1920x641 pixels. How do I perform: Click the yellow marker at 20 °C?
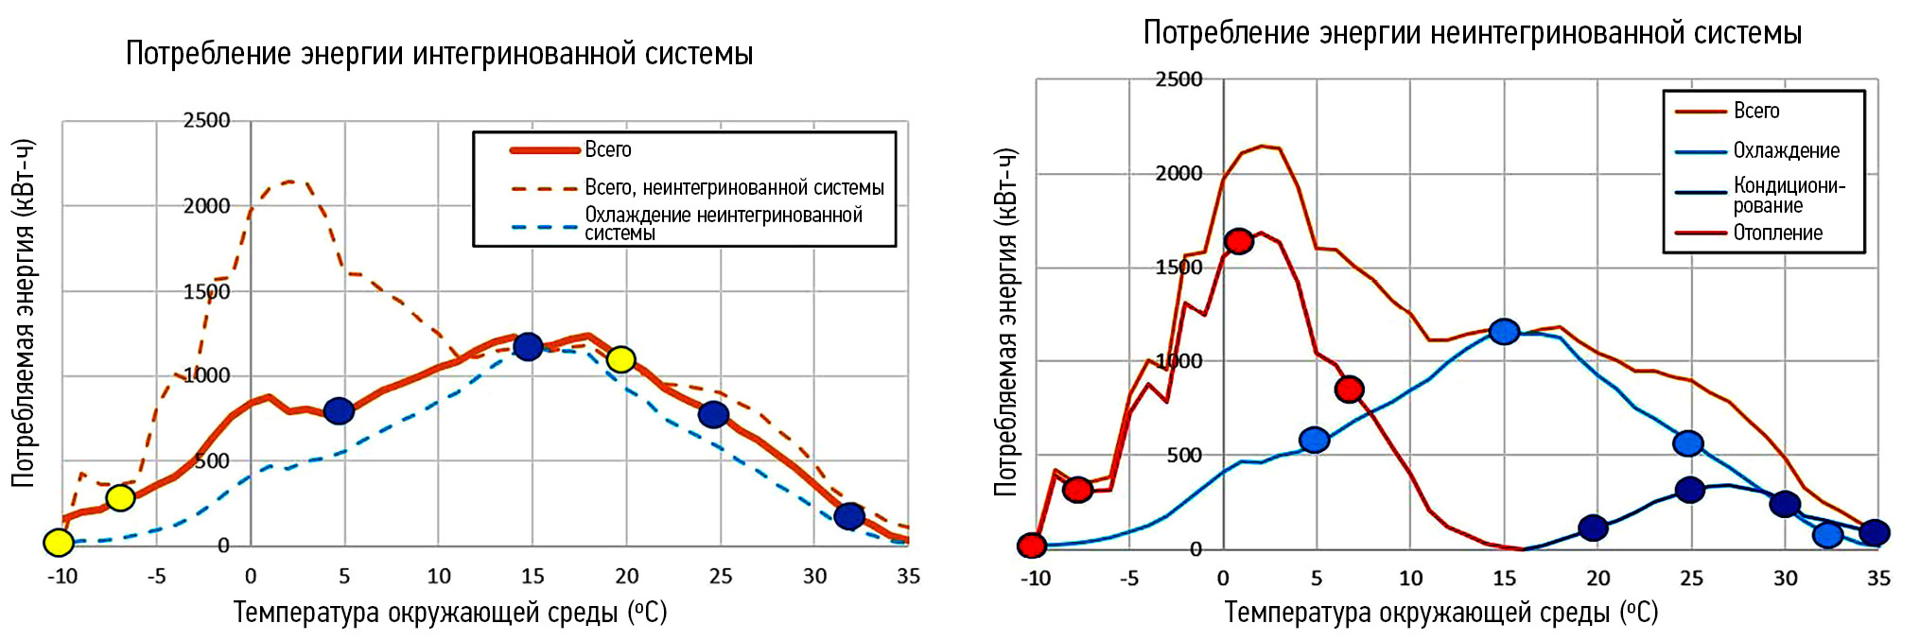point(620,359)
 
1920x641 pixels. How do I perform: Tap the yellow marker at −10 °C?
point(59,543)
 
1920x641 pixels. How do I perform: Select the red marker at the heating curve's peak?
point(1239,241)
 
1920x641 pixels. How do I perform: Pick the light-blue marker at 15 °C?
point(1504,331)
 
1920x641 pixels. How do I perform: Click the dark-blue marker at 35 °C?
point(1875,532)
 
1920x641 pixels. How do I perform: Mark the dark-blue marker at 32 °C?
point(849,515)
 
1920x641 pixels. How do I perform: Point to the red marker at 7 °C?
point(1350,389)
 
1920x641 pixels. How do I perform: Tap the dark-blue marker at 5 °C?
point(339,410)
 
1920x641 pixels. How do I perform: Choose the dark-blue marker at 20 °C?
point(1594,528)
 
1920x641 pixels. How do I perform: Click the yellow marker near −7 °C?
point(120,497)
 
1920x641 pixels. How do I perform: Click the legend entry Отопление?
point(1777,233)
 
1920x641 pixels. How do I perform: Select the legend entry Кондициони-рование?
point(1788,195)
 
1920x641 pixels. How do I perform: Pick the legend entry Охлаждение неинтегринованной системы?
point(724,224)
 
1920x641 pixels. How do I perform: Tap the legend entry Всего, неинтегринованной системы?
point(734,187)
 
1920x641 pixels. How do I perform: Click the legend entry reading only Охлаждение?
point(1786,150)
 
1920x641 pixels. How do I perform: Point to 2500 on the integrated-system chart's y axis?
point(207,120)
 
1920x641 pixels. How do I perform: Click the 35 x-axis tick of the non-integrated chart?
point(1878,578)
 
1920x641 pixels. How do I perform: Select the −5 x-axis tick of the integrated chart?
point(156,576)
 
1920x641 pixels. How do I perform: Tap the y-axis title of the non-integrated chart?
point(1005,321)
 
